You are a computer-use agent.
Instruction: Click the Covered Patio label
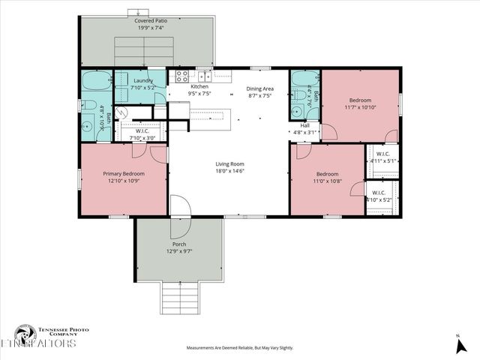(x=151, y=21)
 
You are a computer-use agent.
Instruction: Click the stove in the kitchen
(x=181, y=75)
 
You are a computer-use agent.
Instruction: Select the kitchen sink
(x=203, y=75)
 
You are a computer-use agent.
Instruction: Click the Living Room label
(x=230, y=163)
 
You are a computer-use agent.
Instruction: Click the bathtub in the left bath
(x=96, y=80)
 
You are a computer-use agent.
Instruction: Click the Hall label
(x=305, y=125)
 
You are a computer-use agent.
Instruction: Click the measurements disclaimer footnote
(x=240, y=348)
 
